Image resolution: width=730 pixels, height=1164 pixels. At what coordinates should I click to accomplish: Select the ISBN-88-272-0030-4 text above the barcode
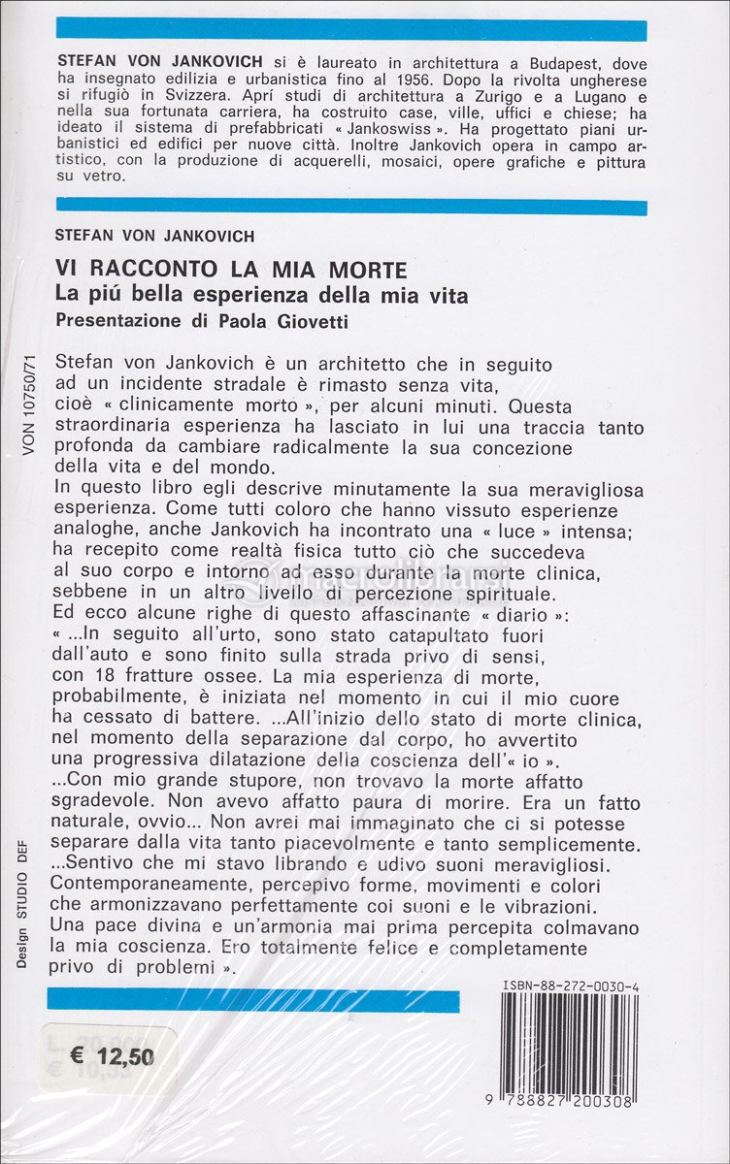click(x=571, y=986)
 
